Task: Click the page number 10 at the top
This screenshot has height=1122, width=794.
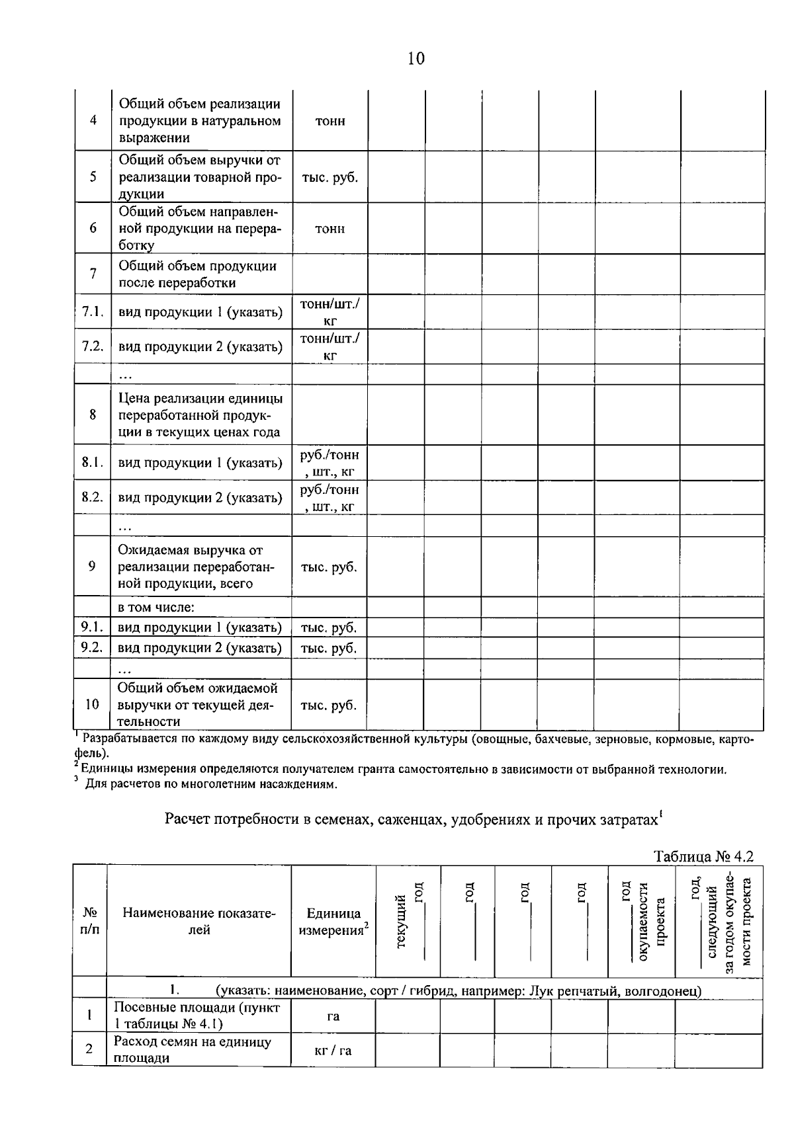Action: tap(416, 59)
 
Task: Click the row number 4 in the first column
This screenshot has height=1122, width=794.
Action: tap(93, 121)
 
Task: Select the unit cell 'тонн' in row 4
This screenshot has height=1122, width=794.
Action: tap(330, 121)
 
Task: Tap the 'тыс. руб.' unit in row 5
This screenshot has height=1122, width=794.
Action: tap(330, 177)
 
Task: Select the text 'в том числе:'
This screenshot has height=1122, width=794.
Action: tap(155, 607)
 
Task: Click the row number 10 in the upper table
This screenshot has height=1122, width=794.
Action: tap(92, 704)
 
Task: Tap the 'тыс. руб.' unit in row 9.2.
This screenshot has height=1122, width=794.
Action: tap(328, 648)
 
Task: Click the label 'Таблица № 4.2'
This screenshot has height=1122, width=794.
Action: tap(704, 856)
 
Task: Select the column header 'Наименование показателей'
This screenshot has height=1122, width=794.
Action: tap(198, 921)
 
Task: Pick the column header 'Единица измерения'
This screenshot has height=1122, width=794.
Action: tap(333, 921)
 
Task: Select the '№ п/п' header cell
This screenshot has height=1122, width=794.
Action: tap(90, 921)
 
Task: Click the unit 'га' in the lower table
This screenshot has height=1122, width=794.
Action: tap(333, 1016)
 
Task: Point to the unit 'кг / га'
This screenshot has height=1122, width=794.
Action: tap(333, 1050)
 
